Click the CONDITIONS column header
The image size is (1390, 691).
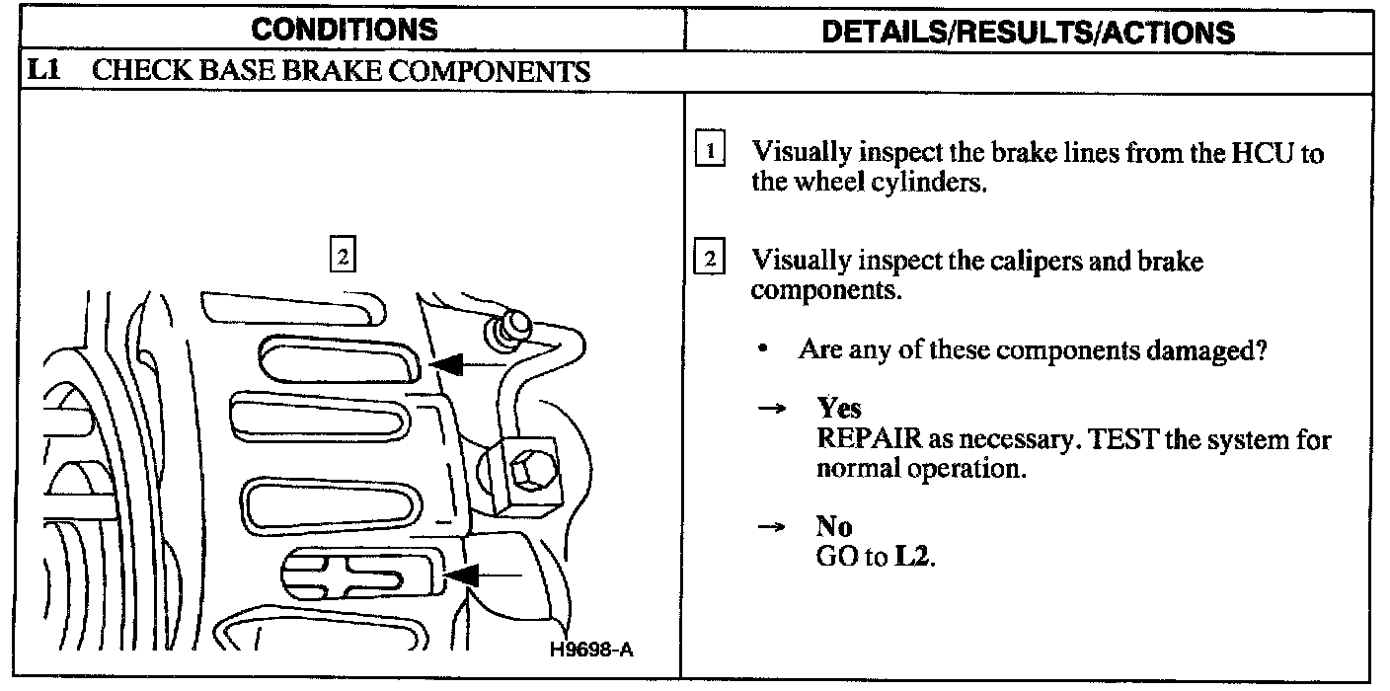pyautogui.click(x=344, y=30)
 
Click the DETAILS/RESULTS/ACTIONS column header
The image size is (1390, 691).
pyautogui.click(x=1028, y=32)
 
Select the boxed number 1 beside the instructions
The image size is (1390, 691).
pyautogui.click(x=710, y=153)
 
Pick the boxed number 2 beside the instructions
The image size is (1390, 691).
pyautogui.click(x=710, y=261)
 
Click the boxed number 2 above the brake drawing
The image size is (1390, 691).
pyautogui.click(x=341, y=256)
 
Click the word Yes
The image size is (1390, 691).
pyautogui.click(x=838, y=409)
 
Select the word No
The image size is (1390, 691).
pyautogui.click(x=834, y=528)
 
